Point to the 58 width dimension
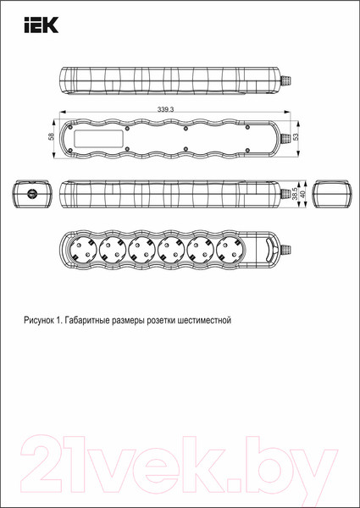[x=52, y=137]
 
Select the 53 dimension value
[x=296, y=137]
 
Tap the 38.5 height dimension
[x=294, y=194]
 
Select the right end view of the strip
[x=332, y=194]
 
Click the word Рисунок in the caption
[x=42, y=322]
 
